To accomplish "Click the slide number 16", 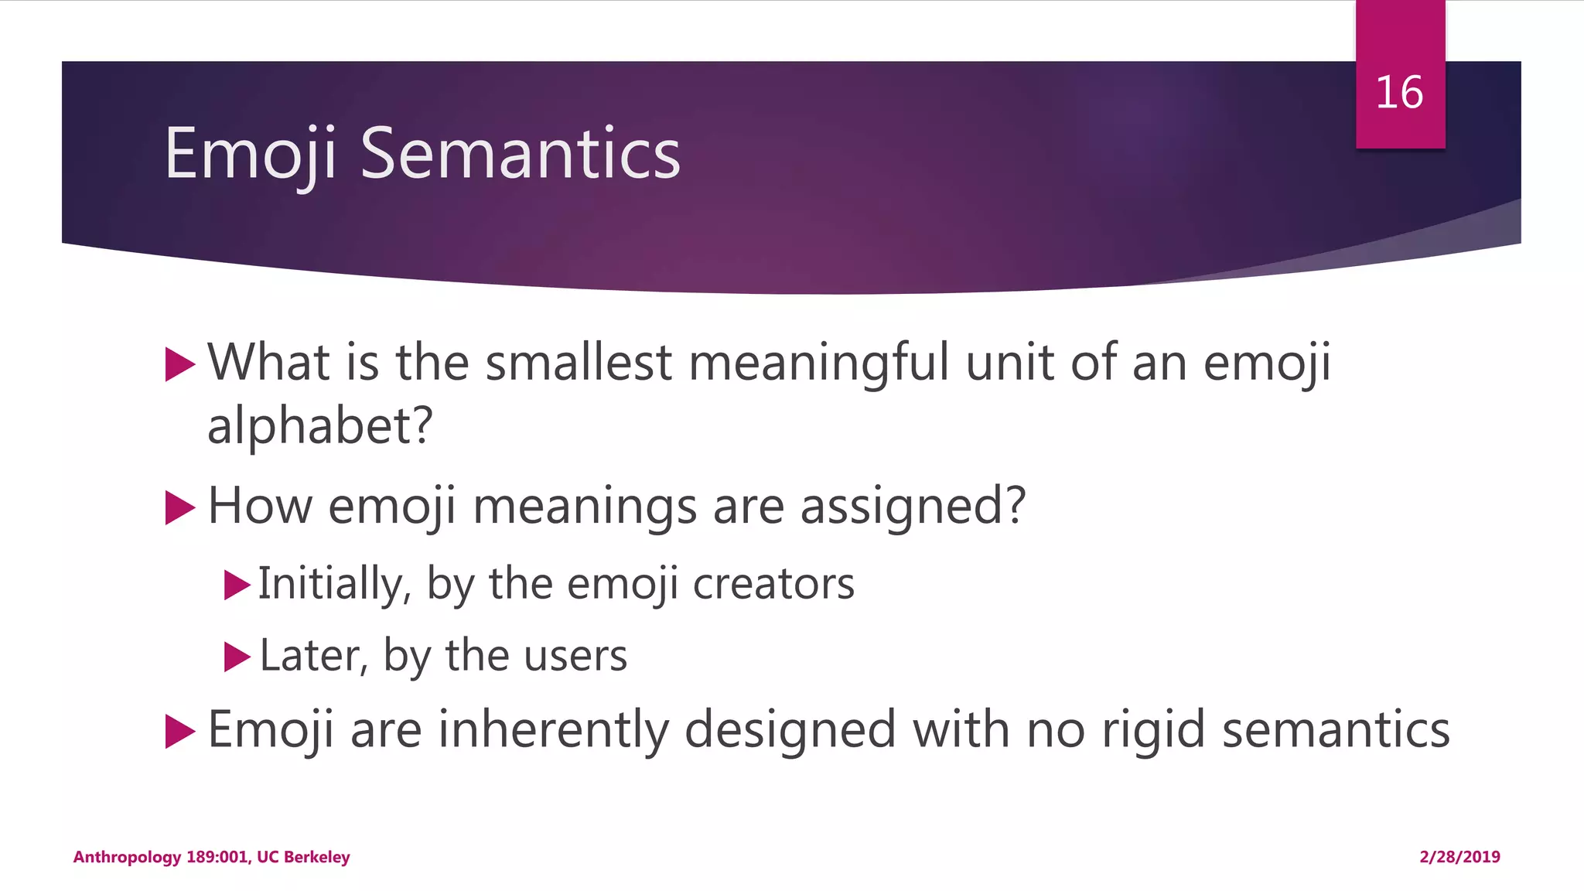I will click(1399, 93).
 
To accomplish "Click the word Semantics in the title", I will click(520, 154).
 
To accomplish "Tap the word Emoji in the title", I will click(251, 154).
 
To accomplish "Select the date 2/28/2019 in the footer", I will click(1459, 857).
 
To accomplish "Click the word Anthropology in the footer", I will click(127, 857).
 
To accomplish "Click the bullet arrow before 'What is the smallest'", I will click(179, 364).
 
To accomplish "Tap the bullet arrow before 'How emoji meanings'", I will click(179, 508).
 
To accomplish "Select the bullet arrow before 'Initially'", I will click(236, 585).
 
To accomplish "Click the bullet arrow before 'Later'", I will click(236, 657).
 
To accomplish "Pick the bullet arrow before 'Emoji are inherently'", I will click(179, 731).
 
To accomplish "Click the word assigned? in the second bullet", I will click(913, 507).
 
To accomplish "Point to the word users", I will click(575, 656).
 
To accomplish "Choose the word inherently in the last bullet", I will click(553, 730).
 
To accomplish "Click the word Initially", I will click(333, 584).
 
